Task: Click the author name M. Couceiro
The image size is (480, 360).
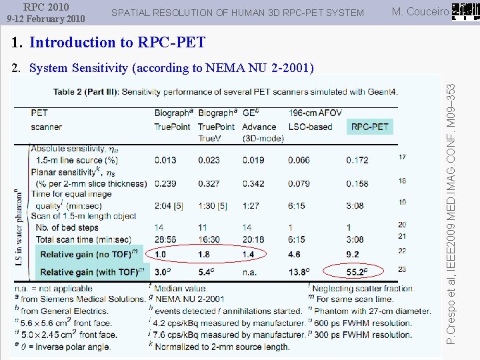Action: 420,11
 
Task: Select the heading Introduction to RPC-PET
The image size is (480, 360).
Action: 117,43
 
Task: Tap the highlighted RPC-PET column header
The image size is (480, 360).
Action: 370,127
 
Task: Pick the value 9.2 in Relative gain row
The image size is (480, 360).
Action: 353,254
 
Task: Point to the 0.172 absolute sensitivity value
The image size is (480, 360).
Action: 357,160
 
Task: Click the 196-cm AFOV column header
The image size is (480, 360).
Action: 312,113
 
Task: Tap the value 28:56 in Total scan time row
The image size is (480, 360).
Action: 165,239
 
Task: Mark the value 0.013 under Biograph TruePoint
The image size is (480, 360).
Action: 165,160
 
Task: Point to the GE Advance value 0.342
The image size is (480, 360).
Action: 253,183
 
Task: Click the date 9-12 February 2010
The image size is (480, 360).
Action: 46,18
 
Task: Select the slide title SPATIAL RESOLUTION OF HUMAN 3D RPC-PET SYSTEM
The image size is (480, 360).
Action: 237,13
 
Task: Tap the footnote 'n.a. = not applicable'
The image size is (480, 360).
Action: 53,289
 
